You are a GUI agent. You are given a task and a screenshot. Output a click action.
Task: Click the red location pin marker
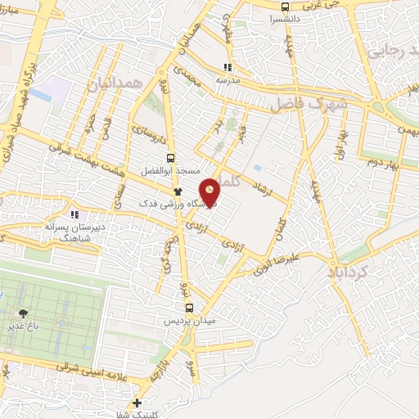coord(210,192)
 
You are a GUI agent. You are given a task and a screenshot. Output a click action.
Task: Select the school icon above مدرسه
coord(228,68)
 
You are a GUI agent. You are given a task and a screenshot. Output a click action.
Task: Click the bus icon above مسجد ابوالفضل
coord(170,159)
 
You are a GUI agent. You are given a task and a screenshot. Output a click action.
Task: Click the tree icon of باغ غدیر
coord(23,313)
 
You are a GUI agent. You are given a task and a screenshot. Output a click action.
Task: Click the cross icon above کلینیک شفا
coord(137,402)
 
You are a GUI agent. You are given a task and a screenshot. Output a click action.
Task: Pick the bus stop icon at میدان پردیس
coord(190,308)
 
